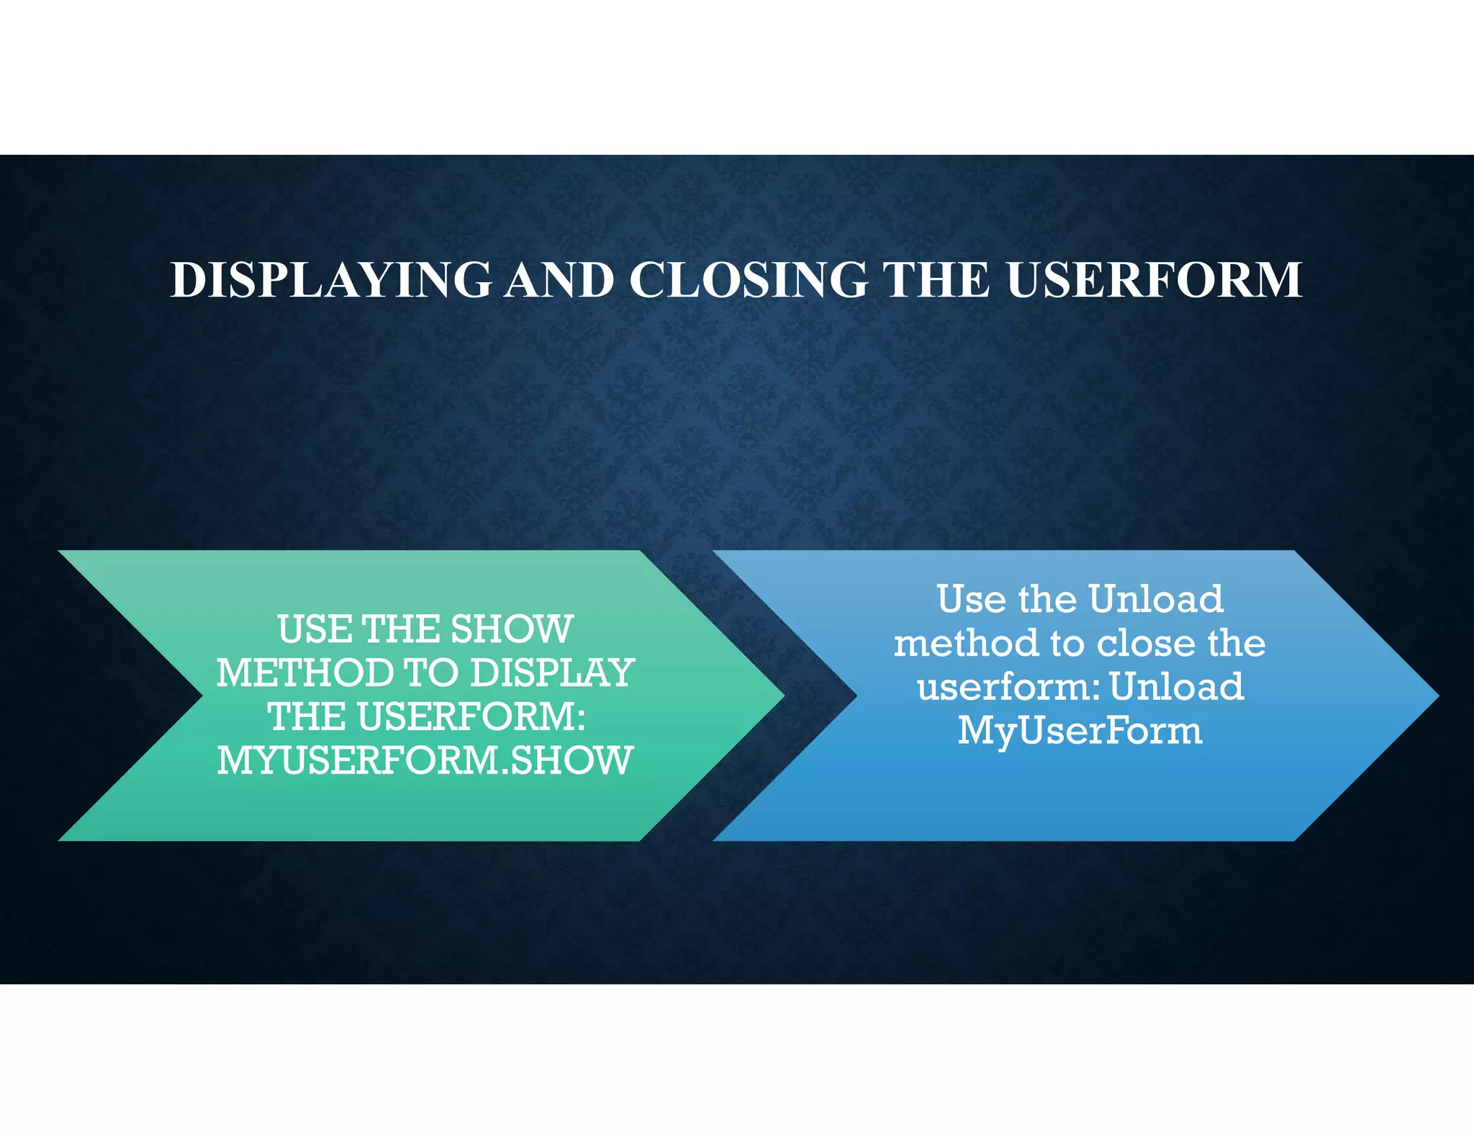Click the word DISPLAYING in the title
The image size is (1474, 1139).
[331, 280]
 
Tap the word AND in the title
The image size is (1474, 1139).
[559, 280]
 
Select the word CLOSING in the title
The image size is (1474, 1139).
[749, 280]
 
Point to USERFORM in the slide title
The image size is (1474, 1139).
[1154, 280]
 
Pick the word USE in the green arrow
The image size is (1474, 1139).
[315, 629]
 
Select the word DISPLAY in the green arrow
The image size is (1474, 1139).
[552, 673]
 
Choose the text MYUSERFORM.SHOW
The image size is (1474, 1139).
[425, 761]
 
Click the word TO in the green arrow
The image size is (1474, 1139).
[430, 673]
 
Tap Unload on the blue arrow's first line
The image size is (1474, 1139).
[1155, 599]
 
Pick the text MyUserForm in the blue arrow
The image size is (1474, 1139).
[1080, 731]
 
